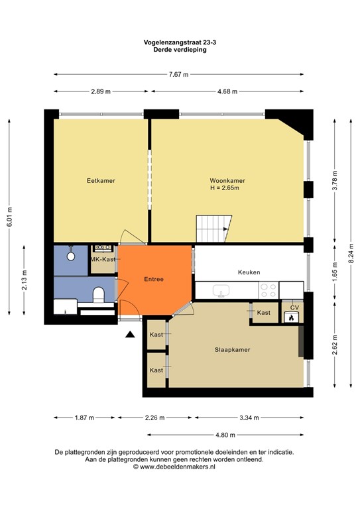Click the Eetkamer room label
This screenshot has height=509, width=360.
point(96,180)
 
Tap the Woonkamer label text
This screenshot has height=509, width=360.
point(227,180)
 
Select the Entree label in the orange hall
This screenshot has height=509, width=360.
point(154,280)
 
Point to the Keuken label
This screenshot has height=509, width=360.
point(249,272)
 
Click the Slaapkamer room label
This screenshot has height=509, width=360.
point(231,349)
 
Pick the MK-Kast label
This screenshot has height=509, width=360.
point(103,259)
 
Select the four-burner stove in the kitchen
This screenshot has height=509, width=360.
point(268,290)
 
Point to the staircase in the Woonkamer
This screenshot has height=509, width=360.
point(213,229)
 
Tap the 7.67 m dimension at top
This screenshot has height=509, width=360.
point(179,75)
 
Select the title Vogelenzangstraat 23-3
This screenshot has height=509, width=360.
point(180,42)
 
